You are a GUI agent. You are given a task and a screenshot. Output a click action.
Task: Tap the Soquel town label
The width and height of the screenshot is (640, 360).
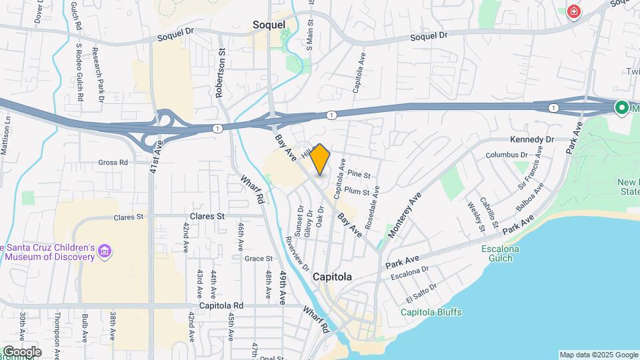point(269,25)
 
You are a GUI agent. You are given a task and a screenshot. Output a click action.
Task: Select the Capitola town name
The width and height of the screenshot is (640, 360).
point(331,277)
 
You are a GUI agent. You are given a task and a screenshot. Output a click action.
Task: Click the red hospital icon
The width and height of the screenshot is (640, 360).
point(573,11)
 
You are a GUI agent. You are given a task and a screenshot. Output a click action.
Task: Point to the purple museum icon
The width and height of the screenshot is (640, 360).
point(104,251)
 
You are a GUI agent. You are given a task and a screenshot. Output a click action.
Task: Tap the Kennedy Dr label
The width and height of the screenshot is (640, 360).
point(532,139)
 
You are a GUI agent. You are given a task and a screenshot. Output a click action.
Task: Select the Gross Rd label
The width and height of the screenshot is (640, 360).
point(113,162)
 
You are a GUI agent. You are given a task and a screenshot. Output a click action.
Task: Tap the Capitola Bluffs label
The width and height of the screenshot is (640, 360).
point(431,312)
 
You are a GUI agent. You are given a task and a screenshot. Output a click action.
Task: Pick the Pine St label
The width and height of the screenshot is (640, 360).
point(359,174)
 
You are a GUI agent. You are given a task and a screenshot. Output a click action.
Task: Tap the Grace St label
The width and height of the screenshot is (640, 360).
point(259,258)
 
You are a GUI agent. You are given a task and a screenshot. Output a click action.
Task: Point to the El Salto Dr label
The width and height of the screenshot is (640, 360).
point(420,291)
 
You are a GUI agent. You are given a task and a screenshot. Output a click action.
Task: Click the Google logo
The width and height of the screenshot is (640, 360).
point(22,351)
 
